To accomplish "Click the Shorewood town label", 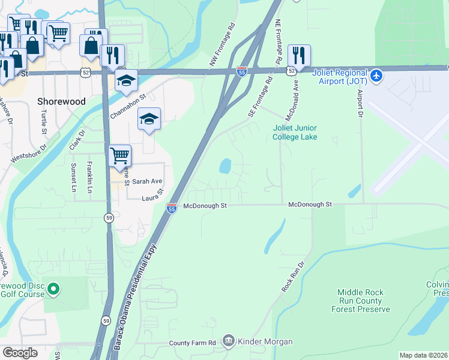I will click(61, 101).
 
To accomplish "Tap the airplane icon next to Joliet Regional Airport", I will click(376, 76).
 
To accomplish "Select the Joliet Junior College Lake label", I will click(295, 133).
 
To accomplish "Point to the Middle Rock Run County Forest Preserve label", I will click(360, 301).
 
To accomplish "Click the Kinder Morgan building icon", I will click(229, 341).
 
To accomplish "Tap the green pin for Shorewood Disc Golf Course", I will click(53, 290).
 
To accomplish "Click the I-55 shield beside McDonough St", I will click(172, 208).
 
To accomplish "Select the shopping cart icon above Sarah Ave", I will click(120, 155).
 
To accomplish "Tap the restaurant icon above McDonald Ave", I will click(299, 55).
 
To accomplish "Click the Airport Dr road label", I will click(360, 103).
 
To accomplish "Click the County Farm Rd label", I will click(192, 343).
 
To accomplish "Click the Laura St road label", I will click(152, 196).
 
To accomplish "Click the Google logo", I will click(20, 352).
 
